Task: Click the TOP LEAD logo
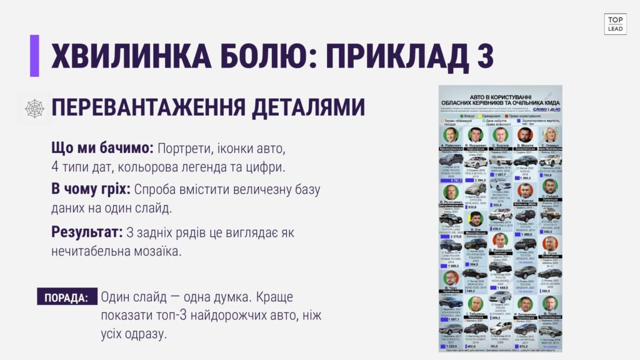pos(615,24)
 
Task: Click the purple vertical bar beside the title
pos(34,56)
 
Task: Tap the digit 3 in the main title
pos(481,56)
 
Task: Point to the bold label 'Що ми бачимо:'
pos(102,149)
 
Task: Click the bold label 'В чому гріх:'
pos(91,189)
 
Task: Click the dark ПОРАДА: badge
pos(67,297)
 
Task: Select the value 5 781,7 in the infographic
pos(453,180)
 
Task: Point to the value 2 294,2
pos(479,180)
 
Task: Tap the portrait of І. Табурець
pos(476,304)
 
